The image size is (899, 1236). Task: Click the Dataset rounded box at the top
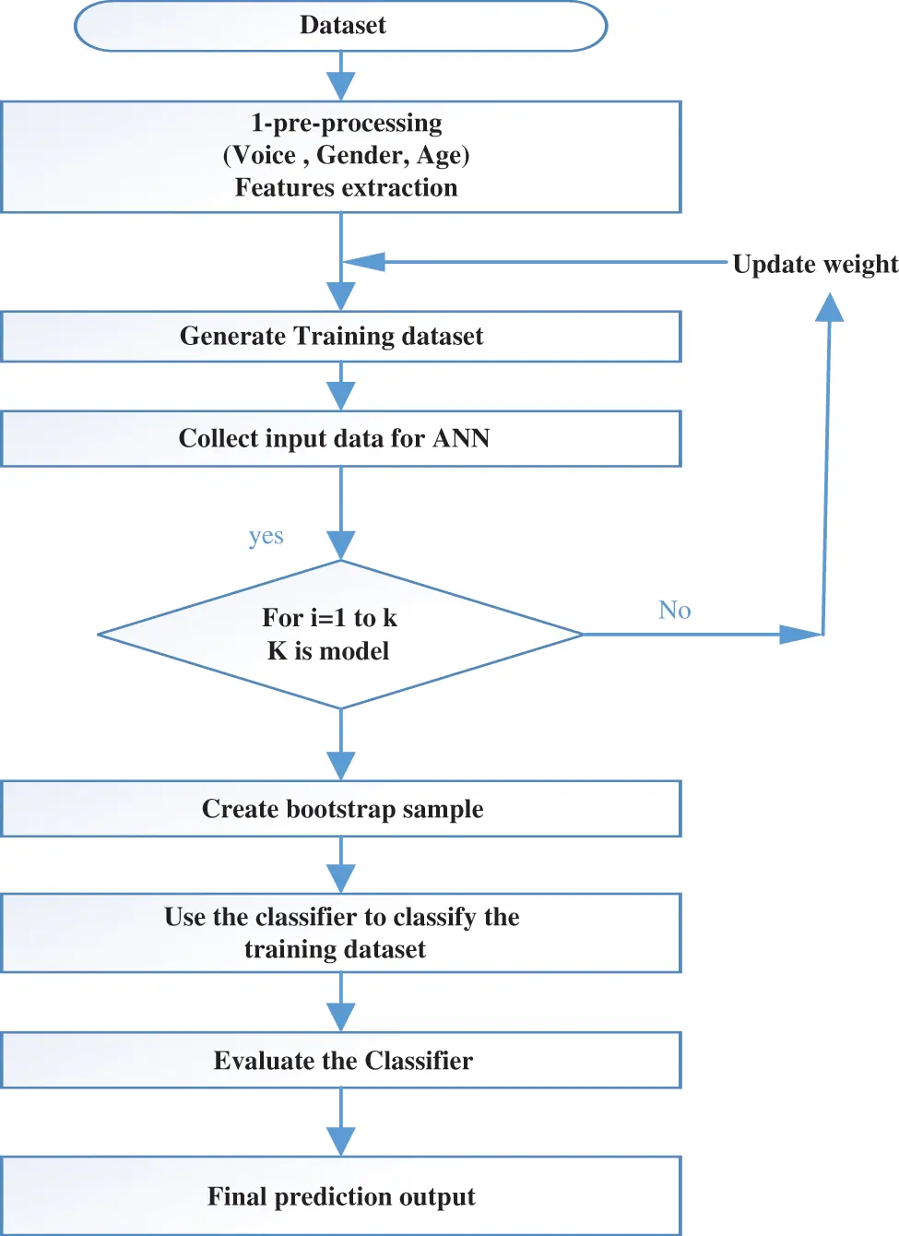[341, 26]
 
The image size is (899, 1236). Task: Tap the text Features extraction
[346, 187]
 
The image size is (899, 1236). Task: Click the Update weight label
[814, 264]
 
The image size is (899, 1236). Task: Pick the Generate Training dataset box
[341, 336]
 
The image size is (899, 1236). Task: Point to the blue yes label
[266, 536]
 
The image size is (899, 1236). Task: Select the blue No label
[674, 610]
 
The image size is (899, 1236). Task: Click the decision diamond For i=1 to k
[340, 635]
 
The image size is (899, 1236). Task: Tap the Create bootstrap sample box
[341, 809]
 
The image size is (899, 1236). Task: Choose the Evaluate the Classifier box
[341, 1061]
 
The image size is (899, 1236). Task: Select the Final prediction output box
[341, 1196]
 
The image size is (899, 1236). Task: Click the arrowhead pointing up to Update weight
[830, 308]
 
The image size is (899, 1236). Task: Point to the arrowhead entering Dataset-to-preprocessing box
[341, 87]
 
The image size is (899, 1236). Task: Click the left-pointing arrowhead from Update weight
[364, 262]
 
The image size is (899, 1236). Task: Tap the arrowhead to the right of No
[799, 635]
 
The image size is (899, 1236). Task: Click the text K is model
[328, 651]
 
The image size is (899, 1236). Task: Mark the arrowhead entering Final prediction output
[341, 1142]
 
